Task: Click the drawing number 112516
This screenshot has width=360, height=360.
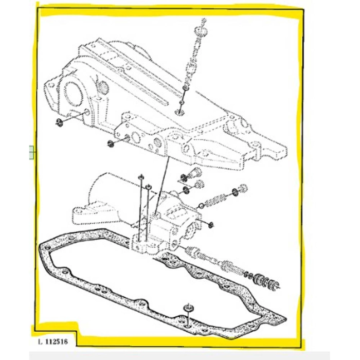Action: pos(57,341)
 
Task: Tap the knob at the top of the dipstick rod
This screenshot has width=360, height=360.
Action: pos(201,30)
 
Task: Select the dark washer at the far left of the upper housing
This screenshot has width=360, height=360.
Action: pos(59,122)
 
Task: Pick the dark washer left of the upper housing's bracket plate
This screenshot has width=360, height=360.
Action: pos(111,143)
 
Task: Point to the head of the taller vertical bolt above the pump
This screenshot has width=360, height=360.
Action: pos(141,176)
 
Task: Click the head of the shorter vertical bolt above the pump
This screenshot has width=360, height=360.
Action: pos(149,187)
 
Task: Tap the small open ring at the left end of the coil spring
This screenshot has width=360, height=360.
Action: pos(201,206)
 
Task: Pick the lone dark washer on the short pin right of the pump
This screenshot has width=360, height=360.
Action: pos(210,225)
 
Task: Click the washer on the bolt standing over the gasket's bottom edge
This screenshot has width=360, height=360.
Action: pos(188,308)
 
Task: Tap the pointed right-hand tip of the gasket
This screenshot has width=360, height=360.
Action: pos(285,319)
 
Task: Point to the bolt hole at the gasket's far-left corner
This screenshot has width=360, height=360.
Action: pos(47,248)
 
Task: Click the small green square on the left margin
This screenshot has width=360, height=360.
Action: pos(32,152)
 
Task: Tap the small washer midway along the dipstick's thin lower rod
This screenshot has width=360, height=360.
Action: pos(182,102)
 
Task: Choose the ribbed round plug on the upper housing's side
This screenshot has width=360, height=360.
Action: pos(104,87)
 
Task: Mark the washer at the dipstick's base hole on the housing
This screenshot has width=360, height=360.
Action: pos(179,112)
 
